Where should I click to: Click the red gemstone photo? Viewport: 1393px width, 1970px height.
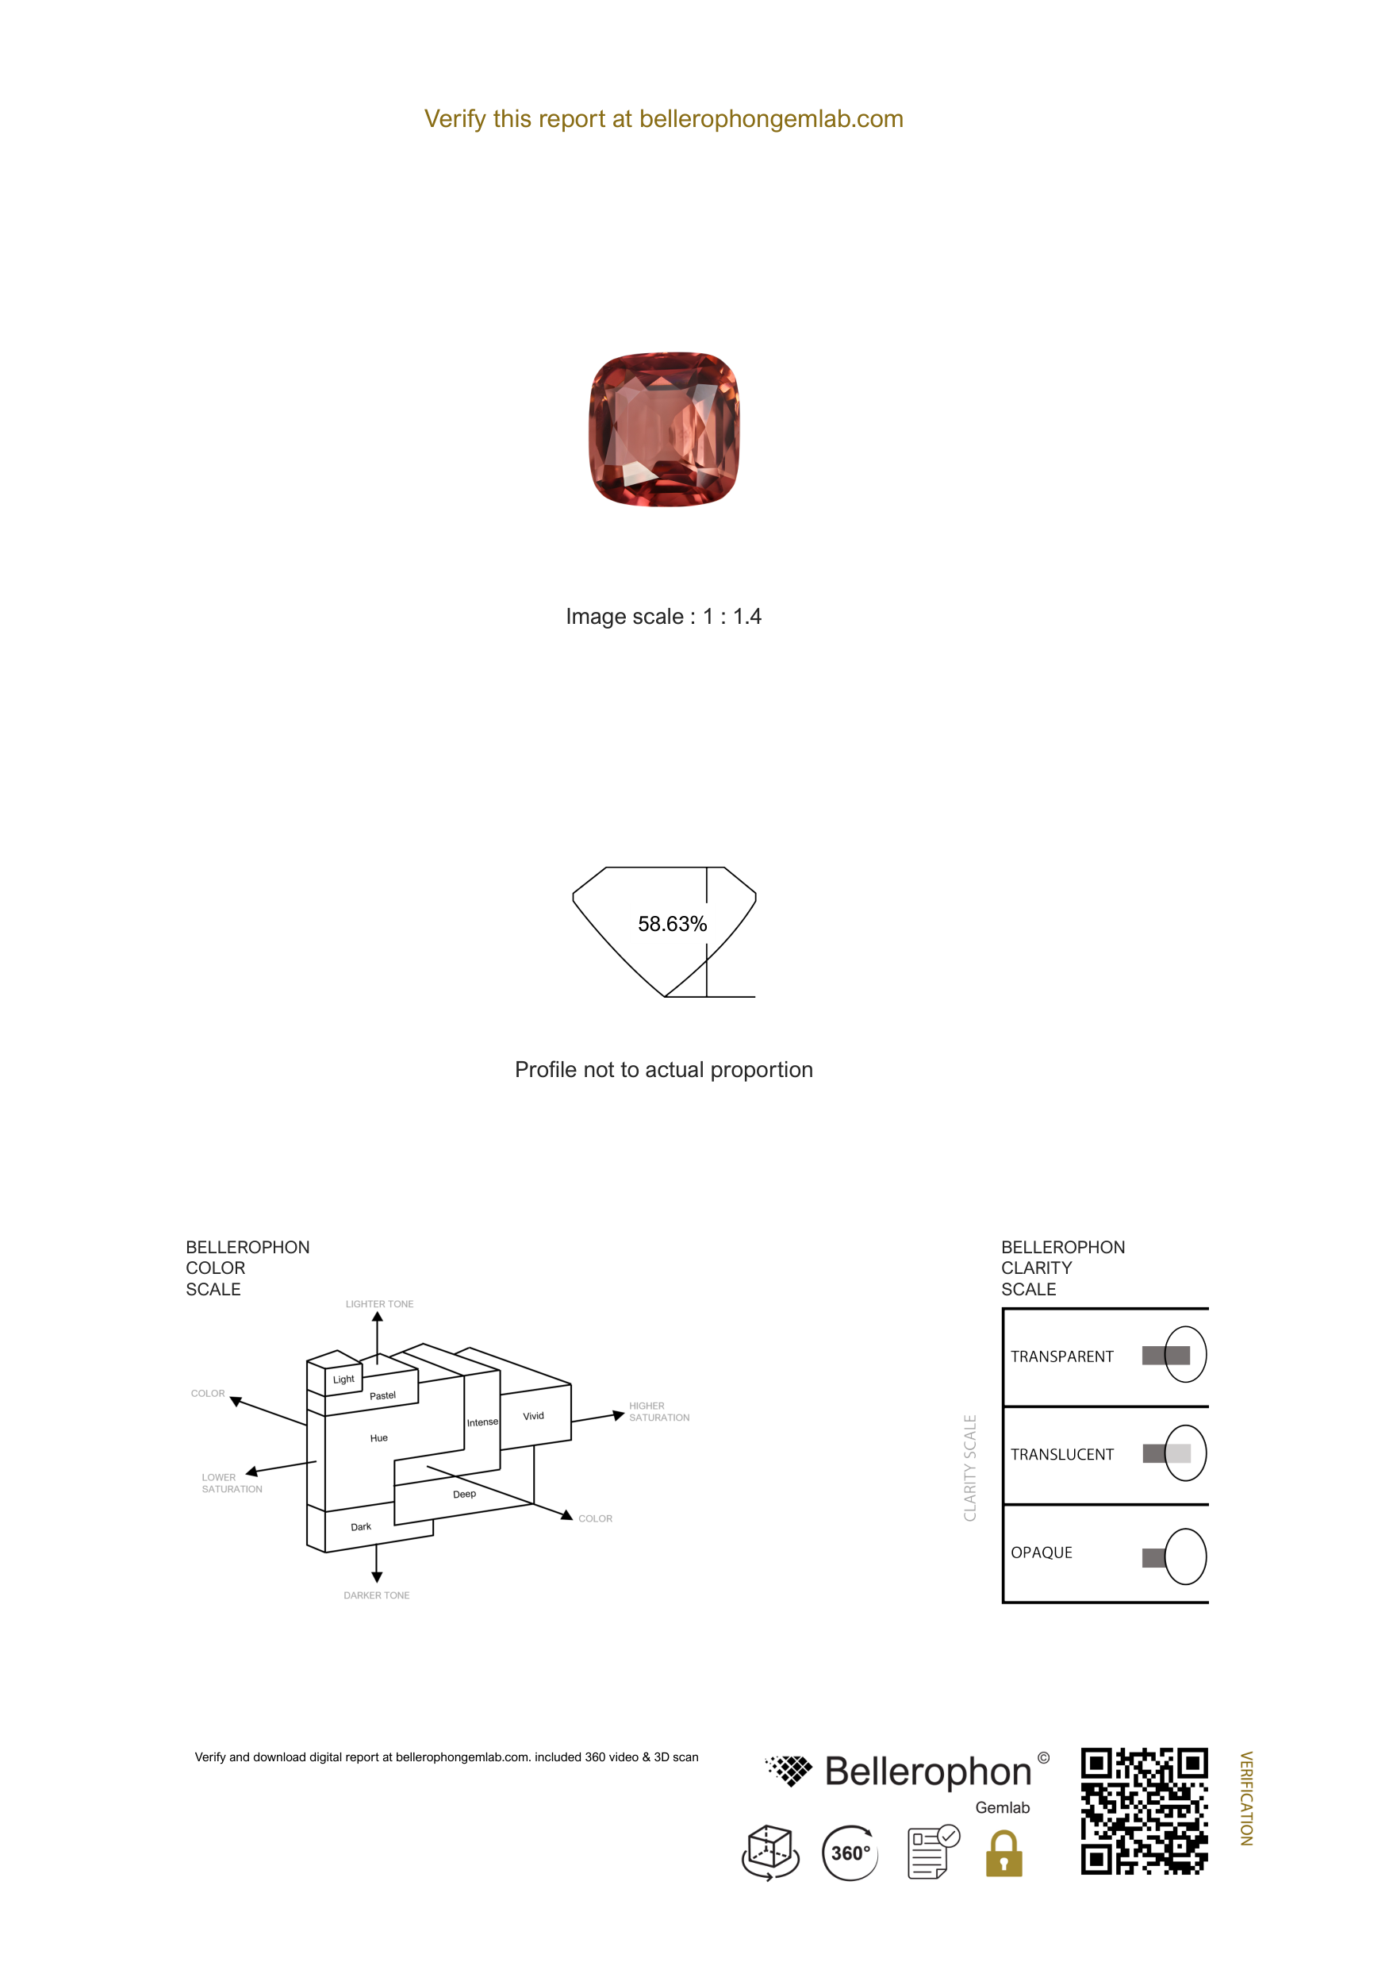click(664, 429)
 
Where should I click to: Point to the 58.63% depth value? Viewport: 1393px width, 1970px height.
click(673, 924)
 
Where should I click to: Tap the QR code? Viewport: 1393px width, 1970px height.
click(1144, 1811)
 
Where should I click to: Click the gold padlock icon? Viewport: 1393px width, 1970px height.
click(1003, 1854)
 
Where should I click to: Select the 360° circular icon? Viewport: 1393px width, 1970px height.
click(850, 1853)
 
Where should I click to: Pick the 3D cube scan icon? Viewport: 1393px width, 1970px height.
click(770, 1853)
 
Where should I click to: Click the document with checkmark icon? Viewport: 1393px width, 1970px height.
click(933, 1852)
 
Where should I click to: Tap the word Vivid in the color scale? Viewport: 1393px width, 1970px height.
click(534, 1416)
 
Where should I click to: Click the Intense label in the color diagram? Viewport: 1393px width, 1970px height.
click(482, 1422)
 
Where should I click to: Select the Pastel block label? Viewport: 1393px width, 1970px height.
click(382, 1395)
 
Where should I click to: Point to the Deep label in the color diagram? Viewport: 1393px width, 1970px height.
click(464, 1494)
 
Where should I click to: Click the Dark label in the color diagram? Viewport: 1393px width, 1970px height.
click(361, 1526)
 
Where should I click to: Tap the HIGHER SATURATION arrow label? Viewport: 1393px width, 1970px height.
click(658, 1411)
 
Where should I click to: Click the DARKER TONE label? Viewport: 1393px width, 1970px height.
click(377, 1595)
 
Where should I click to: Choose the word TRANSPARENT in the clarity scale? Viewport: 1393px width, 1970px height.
click(1062, 1356)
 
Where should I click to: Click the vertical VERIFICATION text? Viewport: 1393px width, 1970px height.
click(1246, 1799)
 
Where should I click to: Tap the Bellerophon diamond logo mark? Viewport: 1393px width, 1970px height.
click(789, 1770)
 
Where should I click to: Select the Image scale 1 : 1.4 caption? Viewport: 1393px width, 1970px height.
click(663, 616)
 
